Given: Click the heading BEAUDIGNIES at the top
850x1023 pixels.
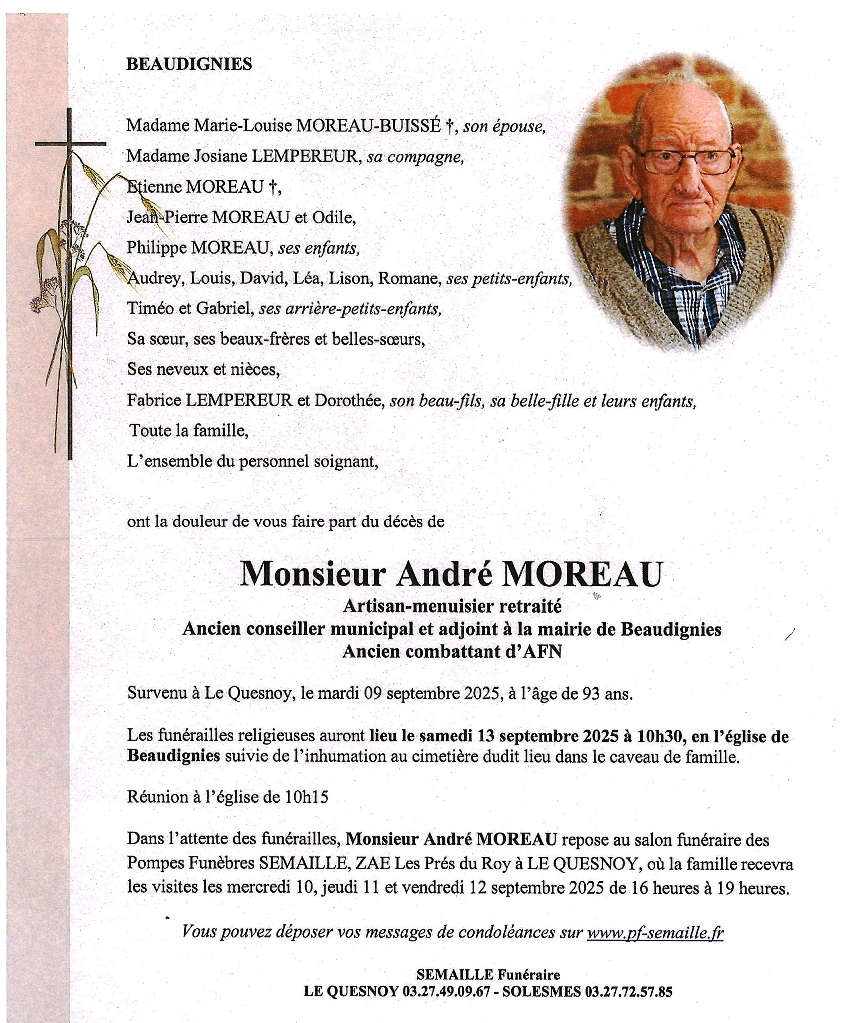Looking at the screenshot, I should point(189,64).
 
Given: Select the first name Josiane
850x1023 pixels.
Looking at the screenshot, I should point(220,156).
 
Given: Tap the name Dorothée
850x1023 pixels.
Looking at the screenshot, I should point(349,400).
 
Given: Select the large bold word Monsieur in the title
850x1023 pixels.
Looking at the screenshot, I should point(313,574).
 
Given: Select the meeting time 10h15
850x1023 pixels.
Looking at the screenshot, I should point(307,797).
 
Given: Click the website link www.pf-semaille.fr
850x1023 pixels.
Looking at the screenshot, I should point(655,931).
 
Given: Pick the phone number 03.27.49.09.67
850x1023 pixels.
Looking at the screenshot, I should point(446,991).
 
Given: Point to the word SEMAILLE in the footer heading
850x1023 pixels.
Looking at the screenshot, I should point(454,974).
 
